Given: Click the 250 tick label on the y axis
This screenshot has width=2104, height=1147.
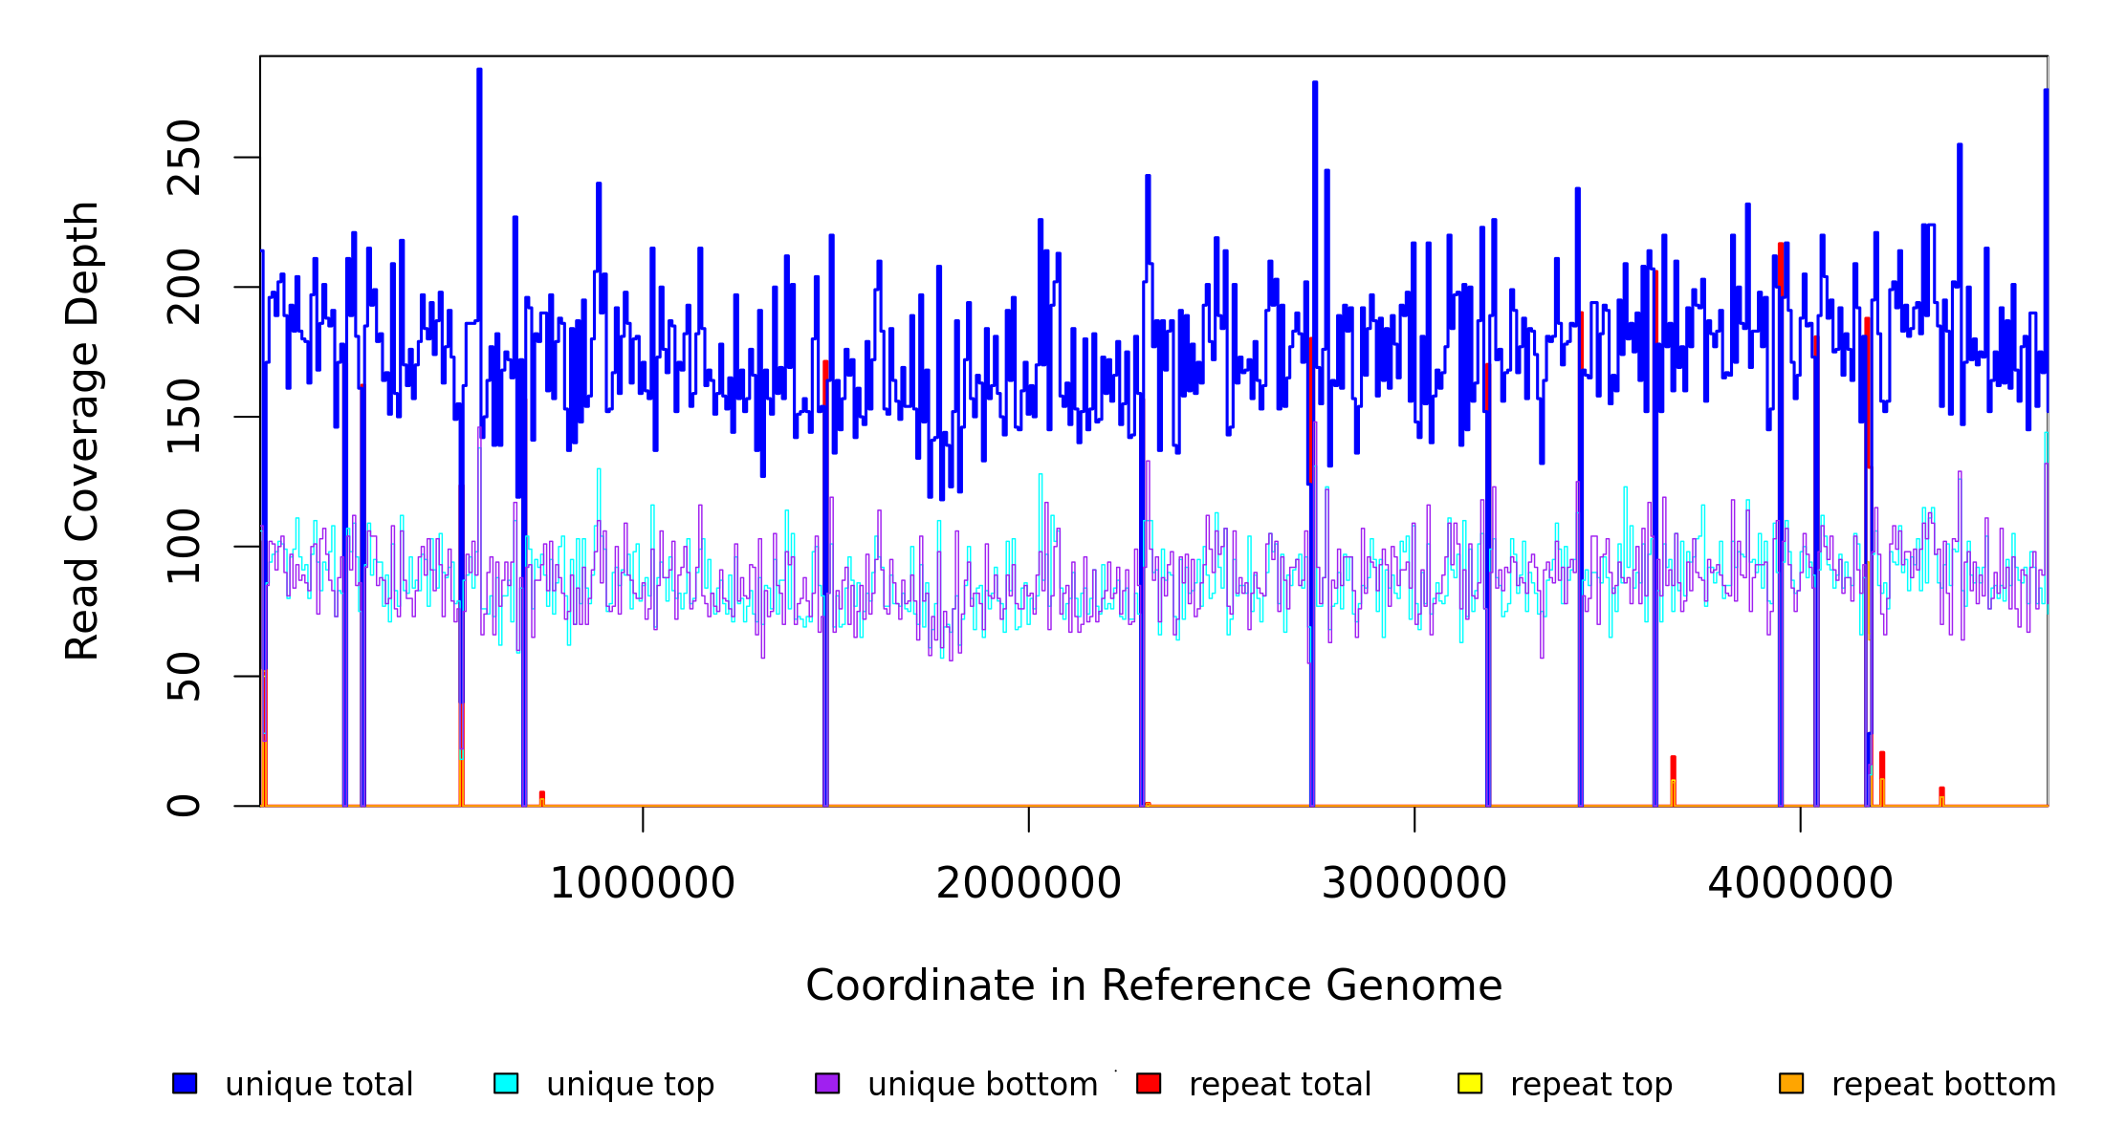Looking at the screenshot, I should [184, 158].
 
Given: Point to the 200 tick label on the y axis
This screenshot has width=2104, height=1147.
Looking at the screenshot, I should [184, 287].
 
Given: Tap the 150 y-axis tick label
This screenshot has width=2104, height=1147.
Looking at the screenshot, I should [184, 417].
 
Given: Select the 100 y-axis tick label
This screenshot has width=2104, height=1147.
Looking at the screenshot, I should [184, 547].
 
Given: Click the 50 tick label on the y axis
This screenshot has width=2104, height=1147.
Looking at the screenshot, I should [184, 677].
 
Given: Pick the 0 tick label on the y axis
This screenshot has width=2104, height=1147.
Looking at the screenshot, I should [184, 806].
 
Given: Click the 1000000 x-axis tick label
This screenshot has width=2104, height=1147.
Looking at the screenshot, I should [643, 883].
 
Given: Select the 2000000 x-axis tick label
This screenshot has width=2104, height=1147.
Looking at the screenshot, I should [1029, 883].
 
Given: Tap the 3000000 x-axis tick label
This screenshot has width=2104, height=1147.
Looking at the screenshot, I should [1414, 883].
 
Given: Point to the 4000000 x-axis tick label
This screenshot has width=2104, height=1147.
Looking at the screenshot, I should [1801, 883].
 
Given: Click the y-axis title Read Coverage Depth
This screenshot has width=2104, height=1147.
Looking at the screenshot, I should [82, 431].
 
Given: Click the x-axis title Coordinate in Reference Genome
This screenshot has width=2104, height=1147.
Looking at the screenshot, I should [1153, 986].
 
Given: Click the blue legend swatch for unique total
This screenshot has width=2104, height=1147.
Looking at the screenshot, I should [185, 1083].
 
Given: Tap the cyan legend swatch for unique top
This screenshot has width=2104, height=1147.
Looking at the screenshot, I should [506, 1083].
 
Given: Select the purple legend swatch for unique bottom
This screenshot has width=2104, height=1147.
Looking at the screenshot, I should [827, 1083].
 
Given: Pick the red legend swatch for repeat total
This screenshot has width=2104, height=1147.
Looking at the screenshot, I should [1149, 1083].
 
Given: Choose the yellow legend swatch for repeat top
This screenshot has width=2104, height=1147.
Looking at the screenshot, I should [1470, 1083].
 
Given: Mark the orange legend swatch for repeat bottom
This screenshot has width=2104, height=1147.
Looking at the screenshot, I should [1791, 1083].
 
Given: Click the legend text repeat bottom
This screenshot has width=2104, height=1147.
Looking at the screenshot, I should [1943, 1085].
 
